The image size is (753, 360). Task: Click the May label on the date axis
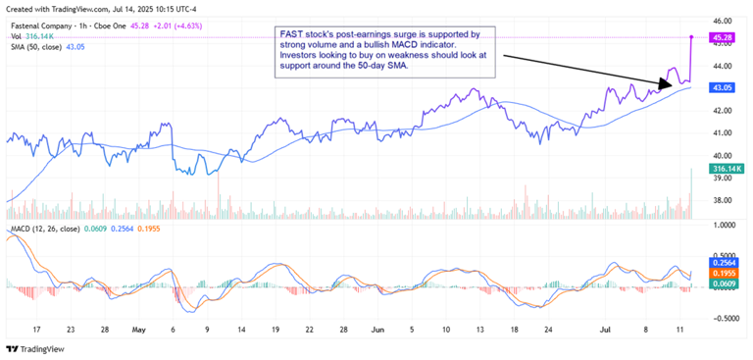coord(138,331)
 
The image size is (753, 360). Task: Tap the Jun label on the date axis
coord(378,331)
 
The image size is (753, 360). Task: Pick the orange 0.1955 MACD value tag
coord(724,274)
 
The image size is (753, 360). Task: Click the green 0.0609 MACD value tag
coord(724,284)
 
